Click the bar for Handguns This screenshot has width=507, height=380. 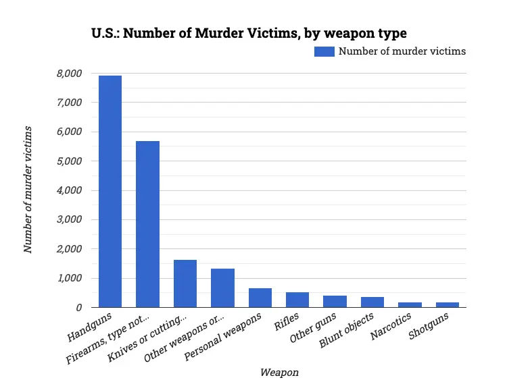tap(110, 192)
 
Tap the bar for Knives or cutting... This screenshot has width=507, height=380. tap(185, 283)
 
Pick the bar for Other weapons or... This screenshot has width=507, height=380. tap(222, 288)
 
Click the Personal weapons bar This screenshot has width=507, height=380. tap(260, 298)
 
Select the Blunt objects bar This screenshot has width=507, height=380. tap(372, 302)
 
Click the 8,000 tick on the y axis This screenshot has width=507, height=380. tap(69, 74)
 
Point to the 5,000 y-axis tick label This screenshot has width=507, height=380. tap(69, 161)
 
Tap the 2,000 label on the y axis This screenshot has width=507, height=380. tap(69, 249)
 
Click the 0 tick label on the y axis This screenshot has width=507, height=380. tap(79, 308)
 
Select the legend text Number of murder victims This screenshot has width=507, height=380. tap(402, 51)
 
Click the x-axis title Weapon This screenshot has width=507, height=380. tap(279, 372)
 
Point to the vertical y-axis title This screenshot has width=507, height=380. tap(28, 189)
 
